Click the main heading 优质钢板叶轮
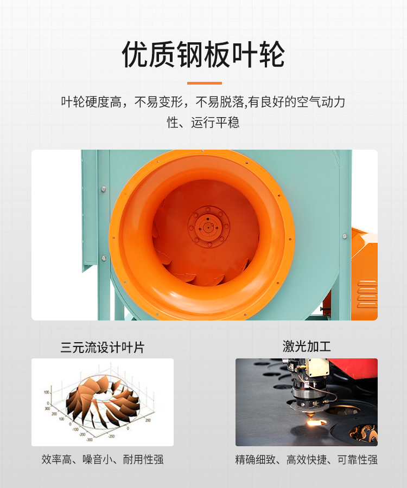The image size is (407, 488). coord(203,54)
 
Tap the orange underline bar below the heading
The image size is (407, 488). coord(204,83)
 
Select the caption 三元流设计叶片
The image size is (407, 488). coord(103,348)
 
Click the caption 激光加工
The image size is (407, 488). coord(307,346)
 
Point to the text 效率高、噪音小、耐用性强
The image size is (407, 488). coord(103,459)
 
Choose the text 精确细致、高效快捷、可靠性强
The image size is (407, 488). coord(307,460)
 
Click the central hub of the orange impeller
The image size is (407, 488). coord(208,227)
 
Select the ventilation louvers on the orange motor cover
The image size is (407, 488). coord(367,294)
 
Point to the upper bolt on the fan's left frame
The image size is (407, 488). coord(104,189)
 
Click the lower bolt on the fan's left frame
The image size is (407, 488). coord(104,258)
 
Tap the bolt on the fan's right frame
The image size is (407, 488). coord(345,236)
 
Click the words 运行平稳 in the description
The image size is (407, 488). coord(215,123)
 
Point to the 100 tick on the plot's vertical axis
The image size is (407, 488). coord(47,392)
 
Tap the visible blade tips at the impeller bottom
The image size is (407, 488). coord(199,277)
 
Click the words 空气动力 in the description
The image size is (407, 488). coord(321,102)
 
